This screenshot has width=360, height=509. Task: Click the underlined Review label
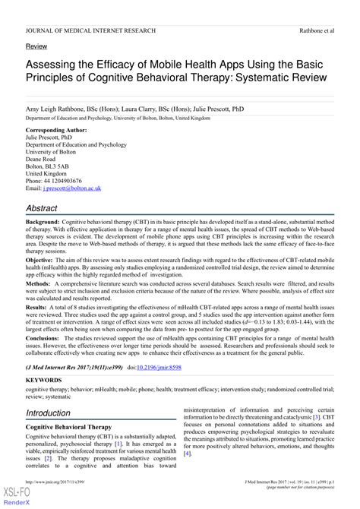click(x=36, y=46)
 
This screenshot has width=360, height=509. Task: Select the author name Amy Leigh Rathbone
click(x=59, y=109)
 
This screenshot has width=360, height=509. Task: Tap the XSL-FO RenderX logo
click(x=14, y=495)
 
